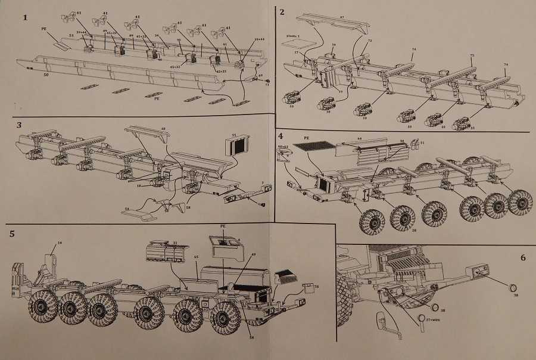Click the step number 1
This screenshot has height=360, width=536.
pyautogui.click(x=25, y=17)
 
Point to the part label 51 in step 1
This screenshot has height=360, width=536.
pyautogui.click(x=71, y=36)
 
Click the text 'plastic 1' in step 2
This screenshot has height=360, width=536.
pyautogui.click(x=292, y=36)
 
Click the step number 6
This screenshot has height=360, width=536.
pyautogui.click(x=523, y=258)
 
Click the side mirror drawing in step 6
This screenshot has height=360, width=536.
pyautogui.click(x=384, y=325)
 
